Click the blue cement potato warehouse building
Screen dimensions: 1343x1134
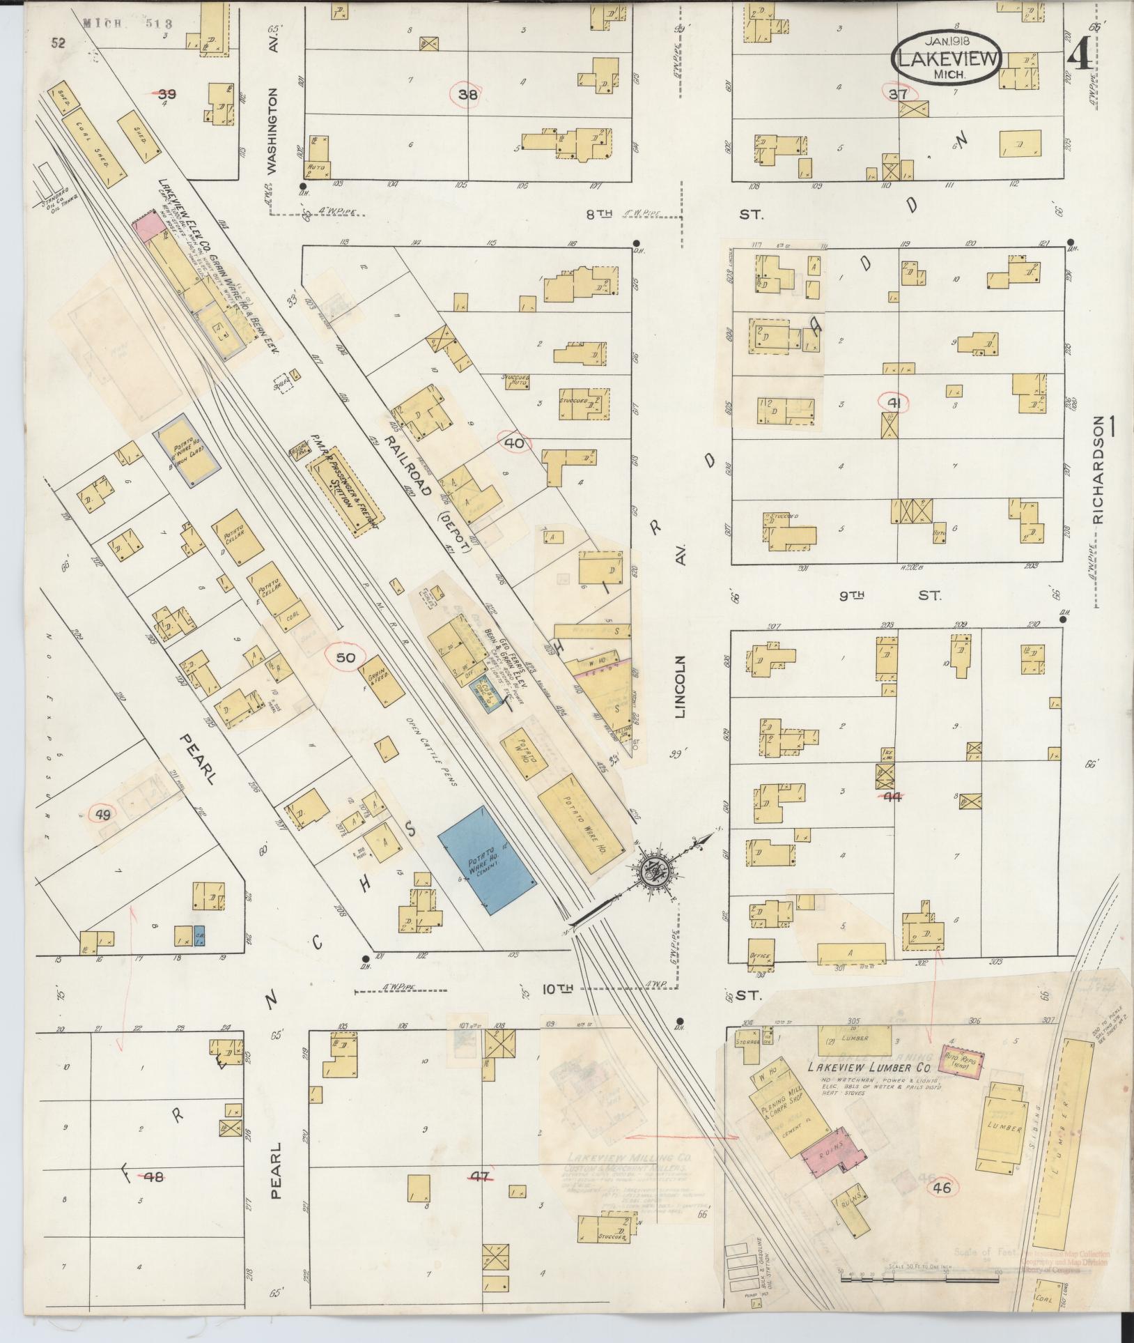[x=488, y=860]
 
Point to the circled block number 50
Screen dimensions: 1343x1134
[x=346, y=658]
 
